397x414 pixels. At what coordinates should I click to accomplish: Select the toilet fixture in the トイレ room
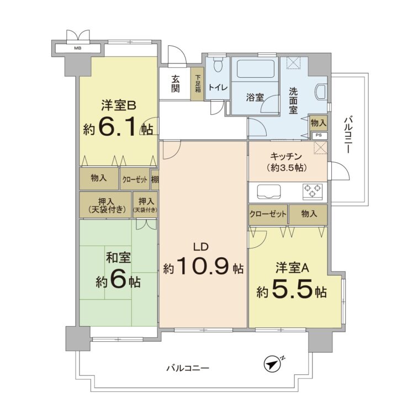point(216,67)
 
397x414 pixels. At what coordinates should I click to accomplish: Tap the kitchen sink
point(268,193)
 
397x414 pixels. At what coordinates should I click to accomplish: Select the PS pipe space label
point(318,135)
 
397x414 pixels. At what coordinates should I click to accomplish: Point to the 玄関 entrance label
point(174,83)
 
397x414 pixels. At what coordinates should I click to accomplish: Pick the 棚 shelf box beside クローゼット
point(155,179)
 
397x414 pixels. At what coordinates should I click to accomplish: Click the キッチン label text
point(287,156)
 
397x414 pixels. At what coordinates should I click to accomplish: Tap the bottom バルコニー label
point(188,368)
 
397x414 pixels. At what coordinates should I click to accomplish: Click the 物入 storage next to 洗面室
point(318,122)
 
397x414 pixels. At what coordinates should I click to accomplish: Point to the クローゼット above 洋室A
point(268,214)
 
